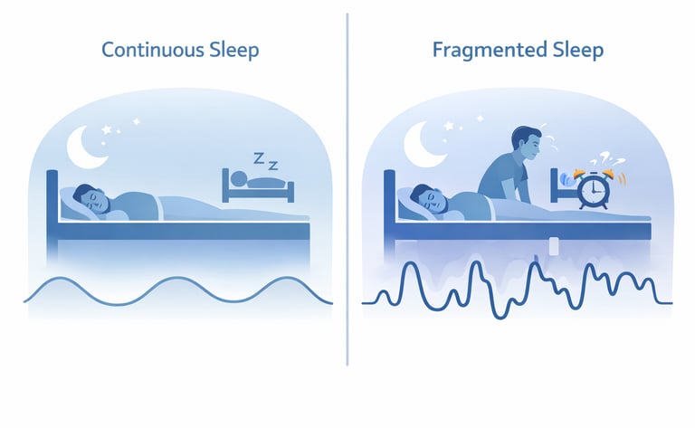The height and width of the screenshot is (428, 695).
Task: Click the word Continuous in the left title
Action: (150, 49)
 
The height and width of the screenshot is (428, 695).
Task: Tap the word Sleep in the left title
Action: (233, 49)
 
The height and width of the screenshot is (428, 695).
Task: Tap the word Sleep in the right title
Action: (573, 49)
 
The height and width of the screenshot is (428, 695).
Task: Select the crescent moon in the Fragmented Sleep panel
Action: (424, 144)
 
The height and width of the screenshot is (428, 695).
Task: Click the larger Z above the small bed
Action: (259, 158)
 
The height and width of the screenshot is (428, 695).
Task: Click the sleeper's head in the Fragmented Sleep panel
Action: (422, 196)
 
